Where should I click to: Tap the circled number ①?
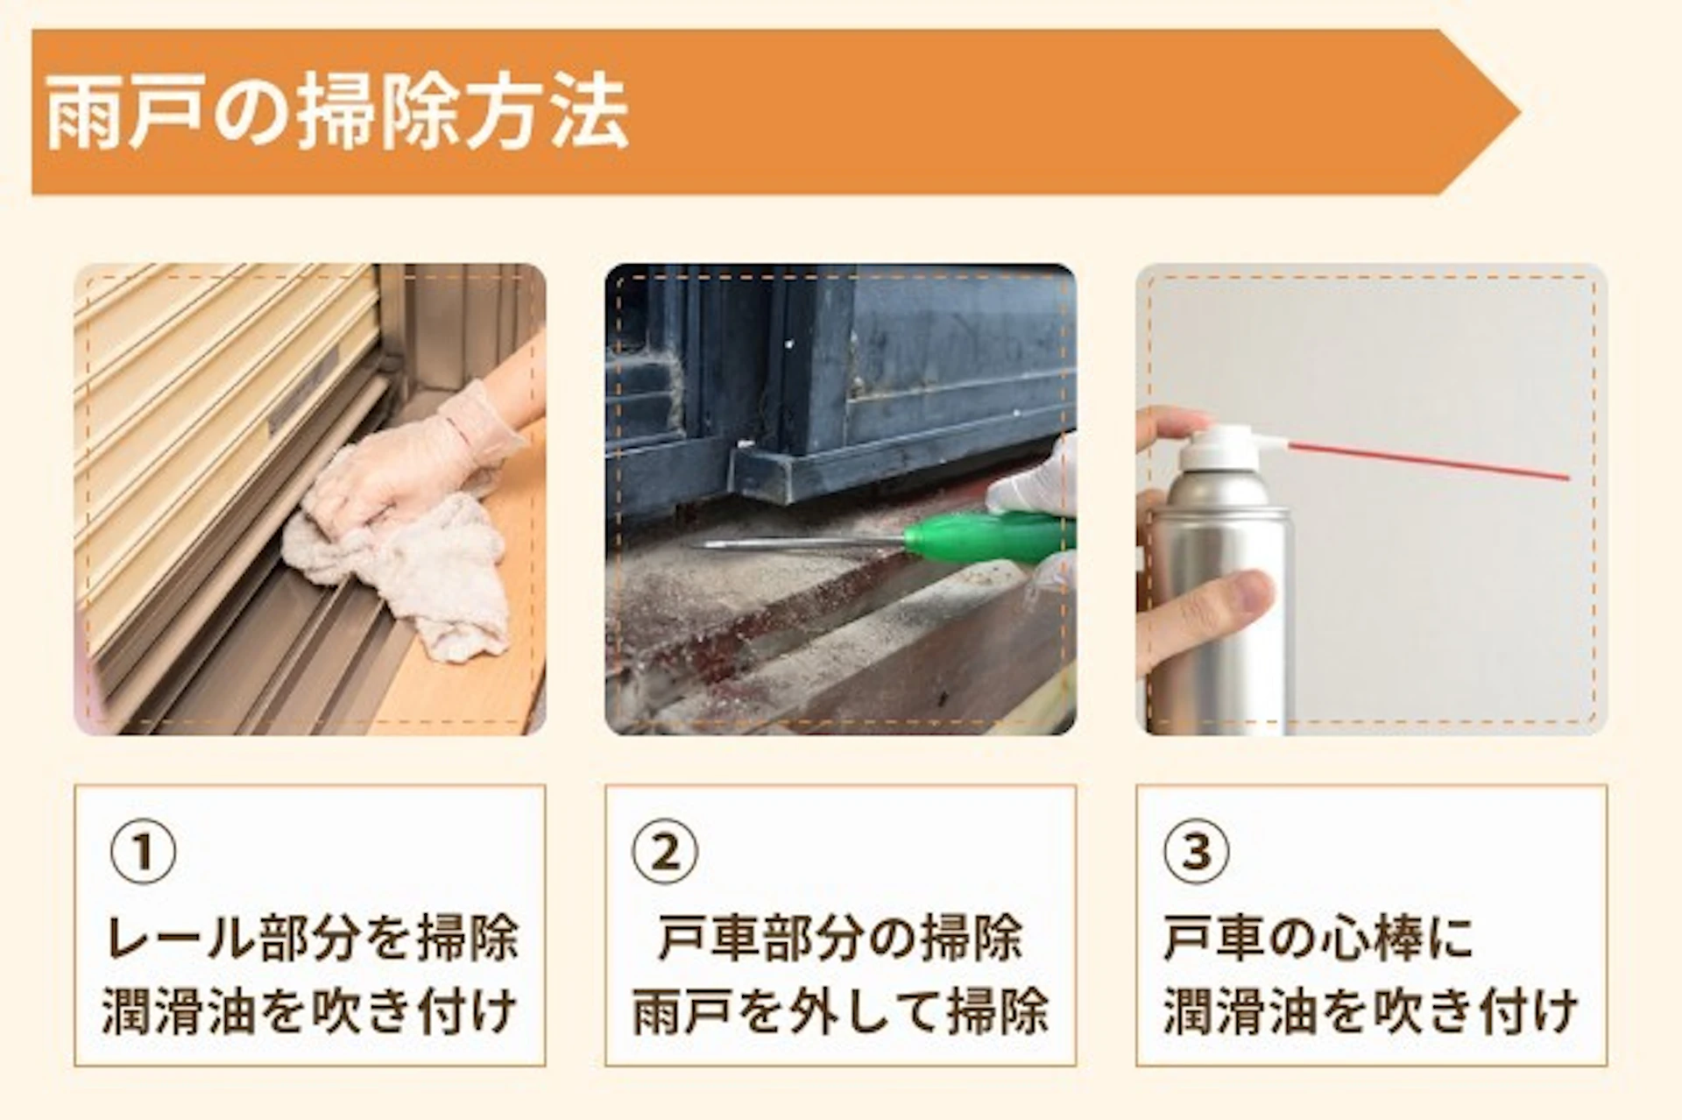point(143,851)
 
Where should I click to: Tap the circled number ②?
point(666,851)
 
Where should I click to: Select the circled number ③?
point(1197,851)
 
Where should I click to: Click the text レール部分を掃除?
point(311,938)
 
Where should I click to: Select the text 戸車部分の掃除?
point(840,938)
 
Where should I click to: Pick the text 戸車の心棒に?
point(1318,938)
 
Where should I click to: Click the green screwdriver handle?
point(990,535)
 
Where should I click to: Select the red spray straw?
point(1428,460)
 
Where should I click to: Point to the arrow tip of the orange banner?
point(1520,111)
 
